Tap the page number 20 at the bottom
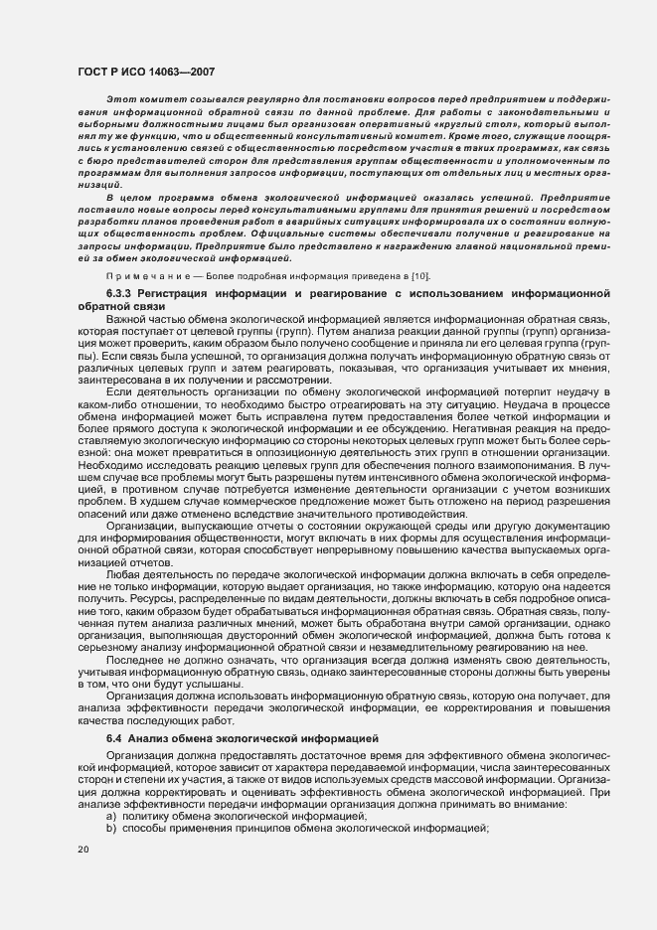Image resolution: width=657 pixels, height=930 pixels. [x=83, y=877]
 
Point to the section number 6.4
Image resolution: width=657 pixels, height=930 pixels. [x=114, y=739]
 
